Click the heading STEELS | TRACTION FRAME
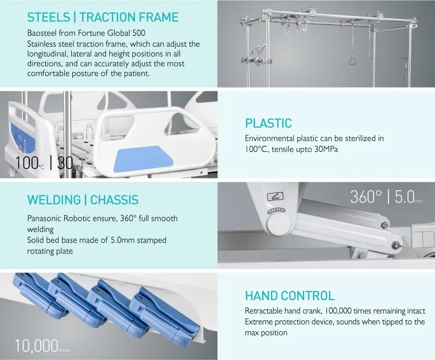(103, 17)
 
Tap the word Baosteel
(42, 33)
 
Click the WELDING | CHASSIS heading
(83, 200)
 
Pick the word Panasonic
(46, 219)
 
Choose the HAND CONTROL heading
(290, 296)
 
